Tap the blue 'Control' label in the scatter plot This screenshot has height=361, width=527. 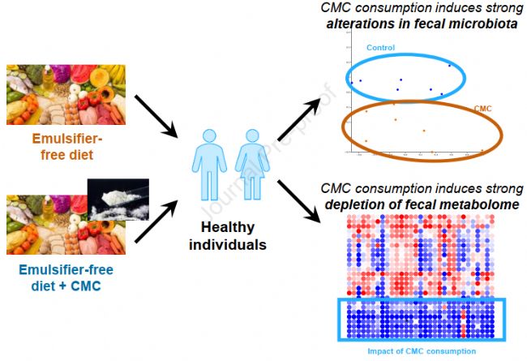[x=380, y=48]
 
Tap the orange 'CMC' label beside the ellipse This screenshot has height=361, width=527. [x=484, y=108]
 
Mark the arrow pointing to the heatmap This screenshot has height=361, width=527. [x=299, y=202]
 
